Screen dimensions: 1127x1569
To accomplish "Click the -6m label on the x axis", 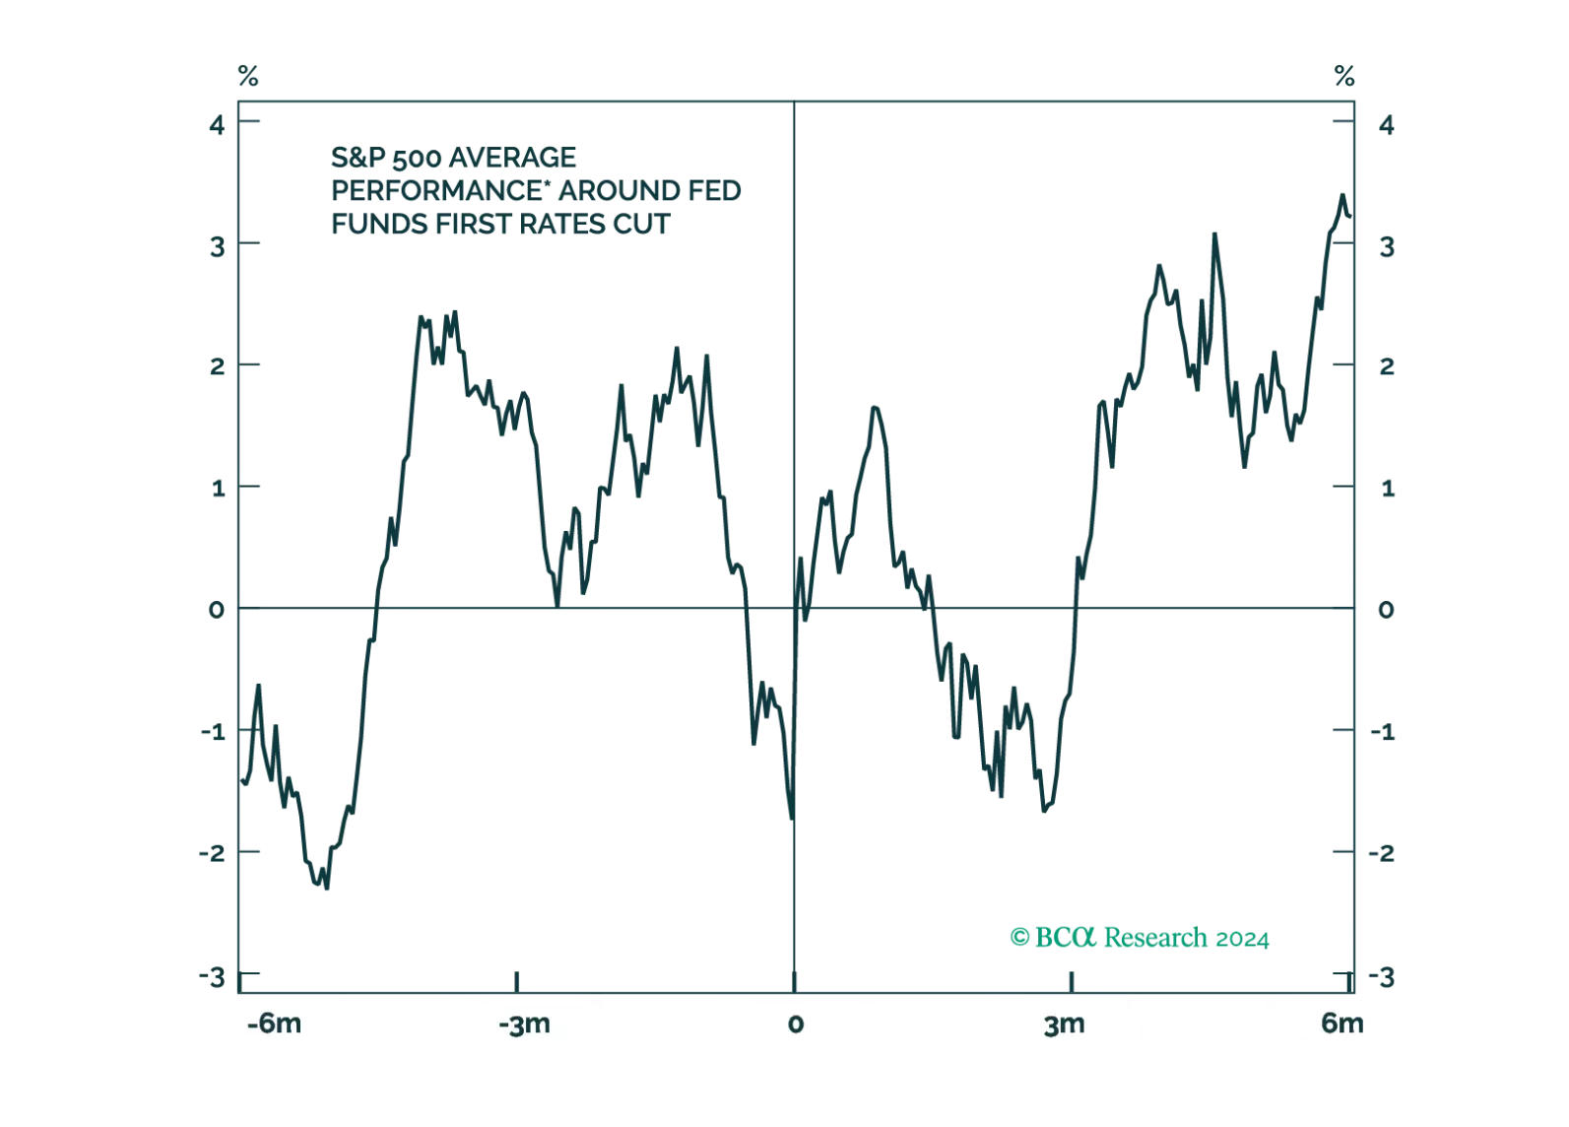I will pos(274,1024).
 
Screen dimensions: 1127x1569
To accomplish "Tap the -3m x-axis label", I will pos(524,1024).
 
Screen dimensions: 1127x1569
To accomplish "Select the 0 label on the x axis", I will pos(795,1024).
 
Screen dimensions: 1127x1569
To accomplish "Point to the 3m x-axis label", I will pos(1064,1024).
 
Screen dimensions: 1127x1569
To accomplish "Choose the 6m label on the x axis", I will pos(1341,1024).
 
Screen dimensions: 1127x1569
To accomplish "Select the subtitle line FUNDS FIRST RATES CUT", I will pos(500,225).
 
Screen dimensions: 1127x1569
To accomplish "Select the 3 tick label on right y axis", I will pos(1386,245).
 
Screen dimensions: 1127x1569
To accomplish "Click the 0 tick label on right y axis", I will pos(1386,610).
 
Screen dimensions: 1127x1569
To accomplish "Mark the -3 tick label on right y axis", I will pos(1386,975).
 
